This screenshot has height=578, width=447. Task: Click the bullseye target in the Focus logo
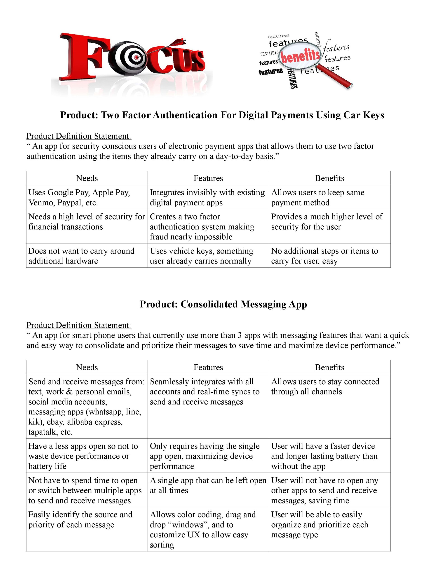pyautogui.click(x=132, y=57)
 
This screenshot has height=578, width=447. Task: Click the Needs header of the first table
pyautogui.click(x=87, y=178)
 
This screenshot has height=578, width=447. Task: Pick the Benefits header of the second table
pyautogui.click(x=329, y=367)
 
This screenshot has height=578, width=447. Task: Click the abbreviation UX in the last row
pyautogui.click(x=194, y=535)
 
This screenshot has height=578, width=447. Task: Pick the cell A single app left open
pyautogui.click(x=208, y=485)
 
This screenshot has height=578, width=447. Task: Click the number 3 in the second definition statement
pyautogui.click(x=239, y=335)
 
